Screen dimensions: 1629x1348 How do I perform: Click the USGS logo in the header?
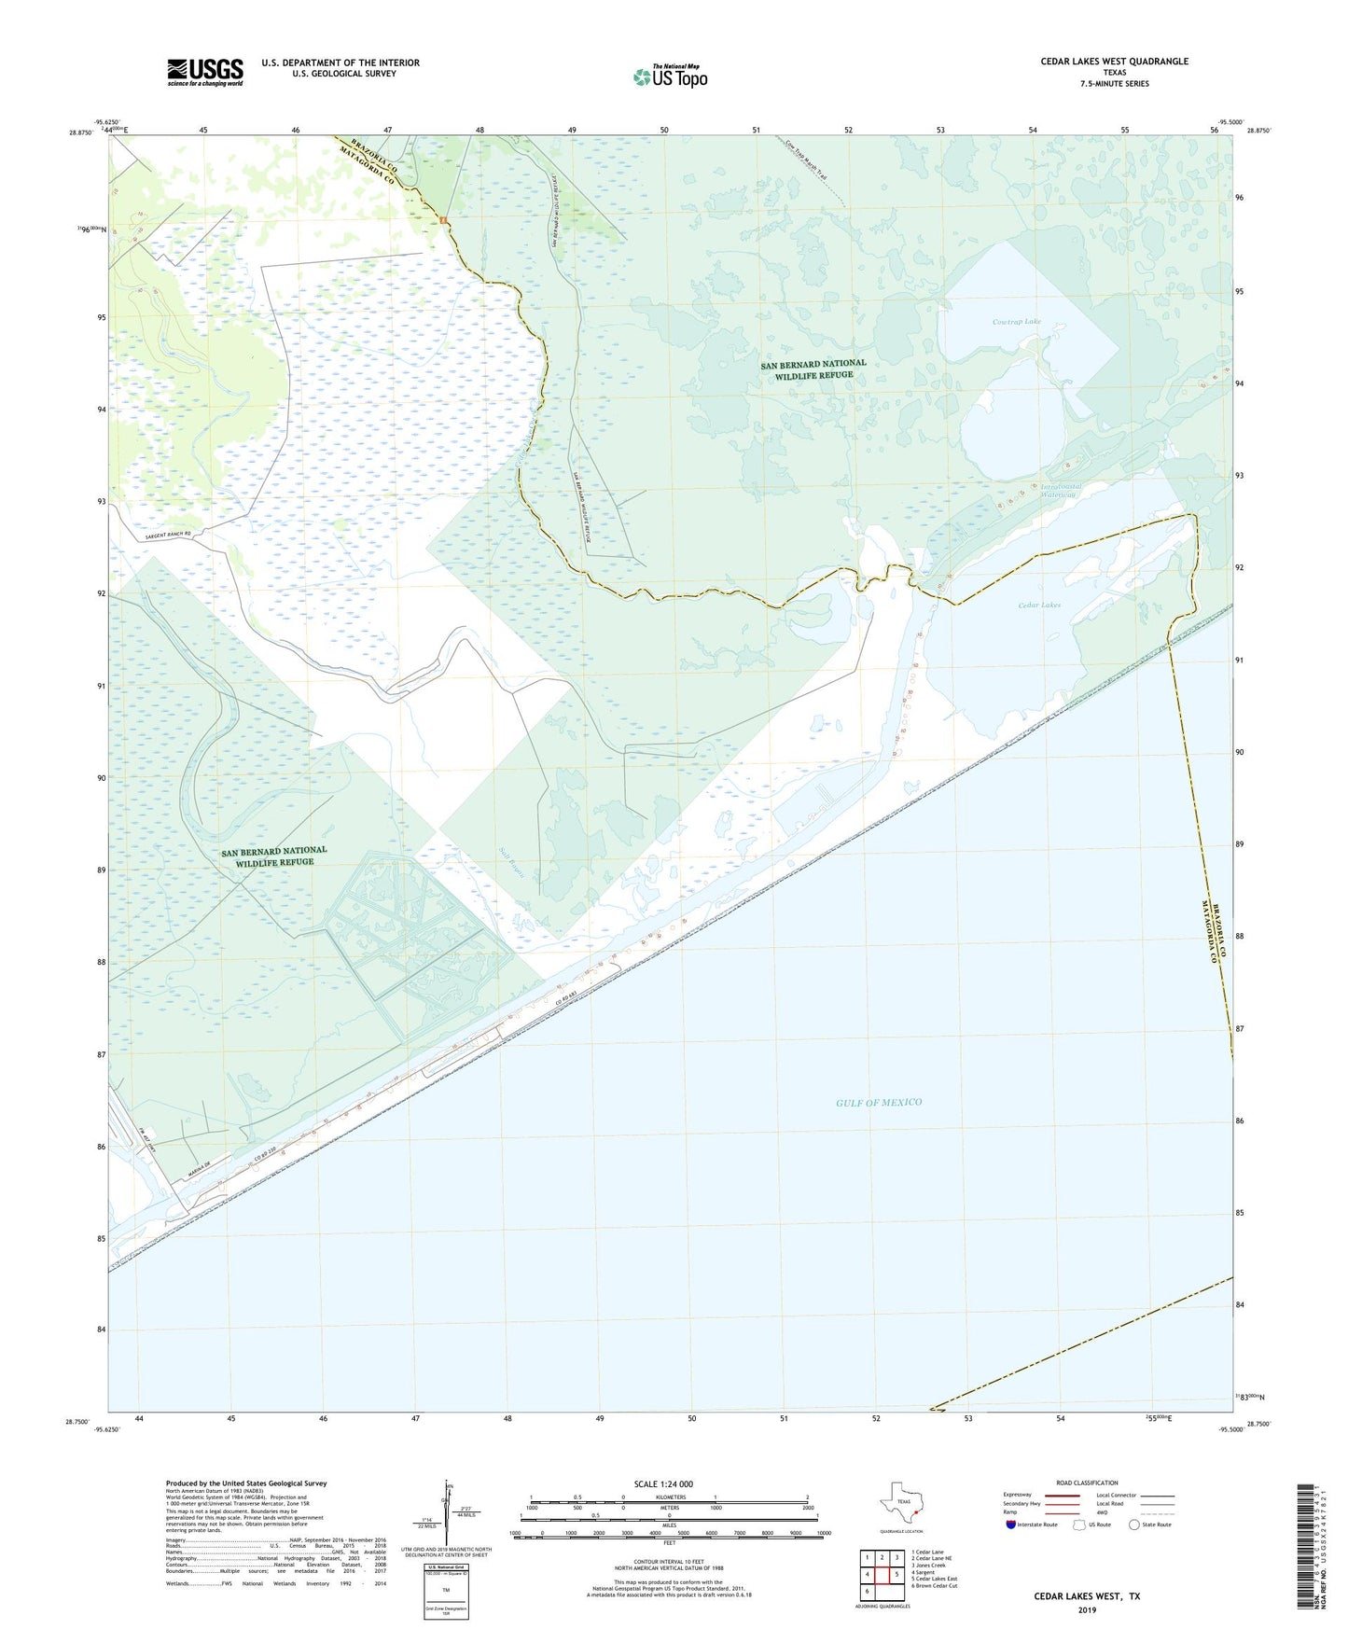pyautogui.click(x=205, y=72)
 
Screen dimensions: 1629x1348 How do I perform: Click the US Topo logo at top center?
pyautogui.click(x=669, y=77)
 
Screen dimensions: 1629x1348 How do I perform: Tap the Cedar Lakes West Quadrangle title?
pyautogui.click(x=1114, y=62)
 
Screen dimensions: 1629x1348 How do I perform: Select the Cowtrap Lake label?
pyautogui.click(x=1016, y=322)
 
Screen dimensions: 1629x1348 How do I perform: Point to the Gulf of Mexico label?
pyautogui.click(x=878, y=1103)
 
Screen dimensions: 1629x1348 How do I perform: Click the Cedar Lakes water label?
pyautogui.click(x=1038, y=606)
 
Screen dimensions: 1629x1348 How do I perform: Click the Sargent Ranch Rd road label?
pyautogui.click(x=155, y=535)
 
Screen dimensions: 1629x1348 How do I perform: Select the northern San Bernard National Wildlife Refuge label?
pyautogui.click(x=813, y=369)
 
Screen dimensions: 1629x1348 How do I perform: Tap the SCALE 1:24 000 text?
pyautogui.click(x=663, y=1484)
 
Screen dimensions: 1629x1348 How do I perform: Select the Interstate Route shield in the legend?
pyautogui.click(x=1011, y=1525)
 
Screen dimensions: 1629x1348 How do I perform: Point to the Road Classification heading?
pyautogui.click(x=1087, y=1483)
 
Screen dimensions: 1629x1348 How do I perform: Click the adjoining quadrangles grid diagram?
pyautogui.click(x=881, y=1574)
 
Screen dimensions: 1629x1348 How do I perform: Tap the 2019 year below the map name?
pyautogui.click(x=1086, y=1609)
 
